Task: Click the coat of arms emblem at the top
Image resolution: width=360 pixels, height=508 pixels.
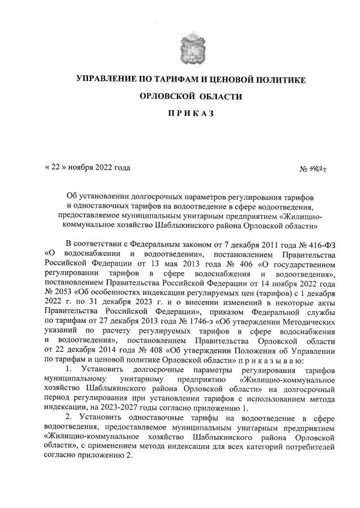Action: pos(191,47)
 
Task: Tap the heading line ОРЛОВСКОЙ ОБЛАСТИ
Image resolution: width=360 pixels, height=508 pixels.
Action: pos(191,97)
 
